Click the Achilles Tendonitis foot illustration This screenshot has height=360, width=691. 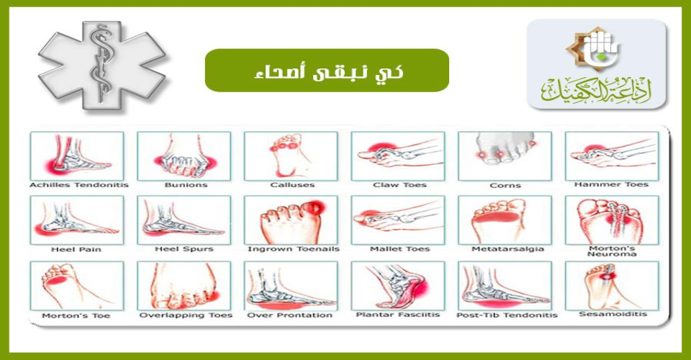77,156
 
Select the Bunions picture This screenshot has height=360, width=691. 184,156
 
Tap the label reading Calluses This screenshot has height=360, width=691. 293,185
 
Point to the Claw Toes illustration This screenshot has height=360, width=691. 398,156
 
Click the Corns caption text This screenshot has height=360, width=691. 505,186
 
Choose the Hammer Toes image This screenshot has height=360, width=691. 612,156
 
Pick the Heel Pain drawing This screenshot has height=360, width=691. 77,220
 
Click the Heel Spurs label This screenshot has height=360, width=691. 184,249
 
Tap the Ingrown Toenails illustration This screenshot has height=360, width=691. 292,220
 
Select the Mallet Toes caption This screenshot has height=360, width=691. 399,249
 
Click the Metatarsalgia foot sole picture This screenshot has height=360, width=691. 505,220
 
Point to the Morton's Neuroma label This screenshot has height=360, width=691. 612,251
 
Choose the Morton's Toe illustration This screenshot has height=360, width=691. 77,286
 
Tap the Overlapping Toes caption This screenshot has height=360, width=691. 186,315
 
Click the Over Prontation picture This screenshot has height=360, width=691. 292,286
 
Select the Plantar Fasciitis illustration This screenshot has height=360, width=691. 398,286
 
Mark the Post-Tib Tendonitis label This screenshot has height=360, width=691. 507,315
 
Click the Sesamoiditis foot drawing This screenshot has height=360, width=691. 612,286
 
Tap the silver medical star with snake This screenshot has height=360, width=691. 102,66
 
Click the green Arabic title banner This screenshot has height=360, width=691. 327,71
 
